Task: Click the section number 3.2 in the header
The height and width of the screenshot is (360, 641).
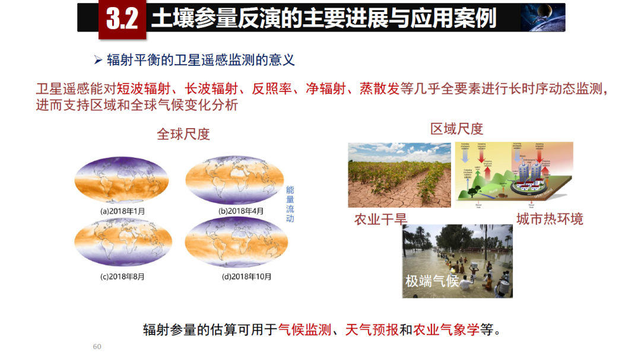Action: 122,18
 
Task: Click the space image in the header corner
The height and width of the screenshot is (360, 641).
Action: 542,18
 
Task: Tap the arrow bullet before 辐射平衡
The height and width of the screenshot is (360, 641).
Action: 99,60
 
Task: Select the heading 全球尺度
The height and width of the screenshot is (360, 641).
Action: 183,134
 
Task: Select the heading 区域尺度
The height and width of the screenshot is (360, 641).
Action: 457,128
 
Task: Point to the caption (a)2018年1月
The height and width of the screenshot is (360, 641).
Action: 122,211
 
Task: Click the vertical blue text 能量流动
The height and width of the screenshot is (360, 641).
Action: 290,204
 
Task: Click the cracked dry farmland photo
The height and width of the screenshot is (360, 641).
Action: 399,175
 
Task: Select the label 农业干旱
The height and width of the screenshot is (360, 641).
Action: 380,219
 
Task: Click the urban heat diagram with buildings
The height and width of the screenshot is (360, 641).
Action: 513,175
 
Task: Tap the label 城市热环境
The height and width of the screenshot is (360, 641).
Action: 550,219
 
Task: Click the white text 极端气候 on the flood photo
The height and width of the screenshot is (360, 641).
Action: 432,281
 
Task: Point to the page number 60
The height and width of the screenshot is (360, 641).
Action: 97,346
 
